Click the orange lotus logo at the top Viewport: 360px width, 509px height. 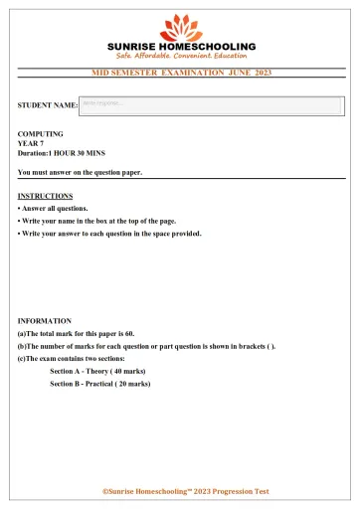pos(180,27)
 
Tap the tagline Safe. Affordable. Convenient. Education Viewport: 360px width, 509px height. pos(180,57)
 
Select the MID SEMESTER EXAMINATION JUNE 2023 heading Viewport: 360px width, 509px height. pos(181,74)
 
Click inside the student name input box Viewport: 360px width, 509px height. pos(211,104)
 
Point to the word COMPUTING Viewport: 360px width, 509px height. pos(41,133)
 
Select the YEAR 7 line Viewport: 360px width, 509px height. pos(33,143)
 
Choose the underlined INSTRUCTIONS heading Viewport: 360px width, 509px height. pos(46,196)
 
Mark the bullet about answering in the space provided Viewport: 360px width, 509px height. pos(109,234)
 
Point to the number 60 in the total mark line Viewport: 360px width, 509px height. pos(129,333)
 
